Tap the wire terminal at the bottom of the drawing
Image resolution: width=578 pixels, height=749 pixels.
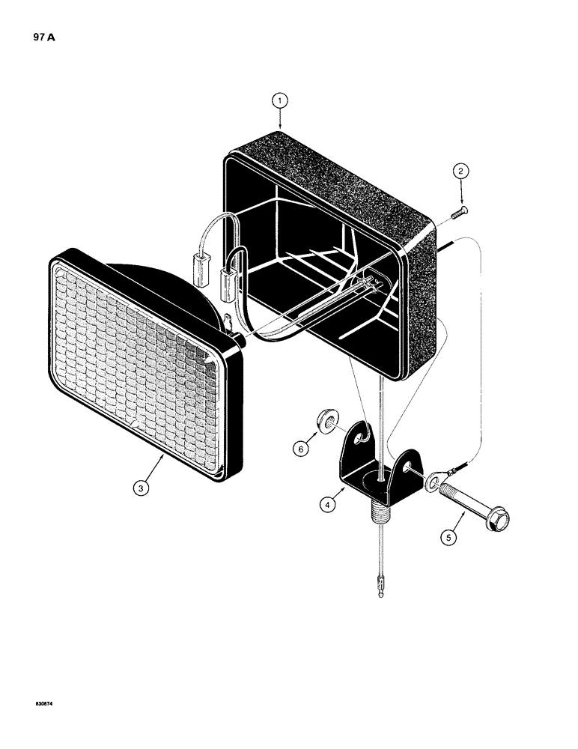382,583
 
